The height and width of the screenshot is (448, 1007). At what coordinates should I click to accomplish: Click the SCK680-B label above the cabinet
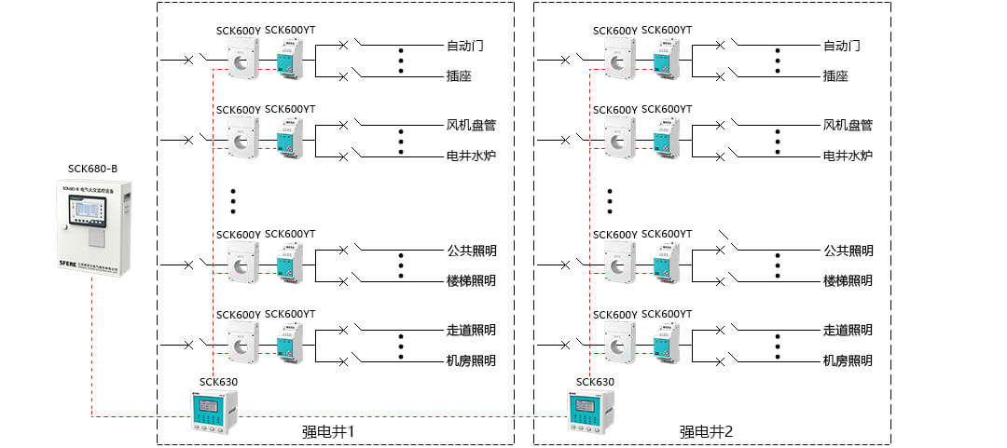pyautogui.click(x=92, y=169)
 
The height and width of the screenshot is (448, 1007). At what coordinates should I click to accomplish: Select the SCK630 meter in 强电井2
pyautogui.click(x=591, y=411)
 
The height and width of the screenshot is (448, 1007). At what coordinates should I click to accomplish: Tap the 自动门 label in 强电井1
pyautogui.click(x=464, y=46)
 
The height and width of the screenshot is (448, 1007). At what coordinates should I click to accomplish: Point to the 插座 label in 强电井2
pyautogui.click(x=835, y=76)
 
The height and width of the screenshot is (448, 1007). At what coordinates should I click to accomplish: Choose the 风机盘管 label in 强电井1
pyautogui.click(x=471, y=125)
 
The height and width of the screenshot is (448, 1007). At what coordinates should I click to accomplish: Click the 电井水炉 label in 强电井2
pyautogui.click(x=848, y=156)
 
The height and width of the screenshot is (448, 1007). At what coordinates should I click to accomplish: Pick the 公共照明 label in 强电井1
pyautogui.click(x=471, y=251)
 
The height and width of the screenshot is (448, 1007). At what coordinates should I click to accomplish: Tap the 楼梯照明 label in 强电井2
pyautogui.click(x=848, y=280)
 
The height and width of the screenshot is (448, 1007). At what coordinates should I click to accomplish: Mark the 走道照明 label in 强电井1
pyautogui.click(x=471, y=330)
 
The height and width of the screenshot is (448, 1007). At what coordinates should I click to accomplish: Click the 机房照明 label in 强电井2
pyautogui.click(x=848, y=360)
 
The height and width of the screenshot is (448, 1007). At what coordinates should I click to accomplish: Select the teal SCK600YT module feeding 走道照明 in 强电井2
pyautogui.click(x=666, y=344)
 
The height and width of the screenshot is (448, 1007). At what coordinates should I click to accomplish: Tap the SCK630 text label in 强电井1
pyautogui.click(x=218, y=382)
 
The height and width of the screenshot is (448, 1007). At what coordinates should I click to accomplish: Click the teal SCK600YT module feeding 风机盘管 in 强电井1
pyautogui.click(x=289, y=141)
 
